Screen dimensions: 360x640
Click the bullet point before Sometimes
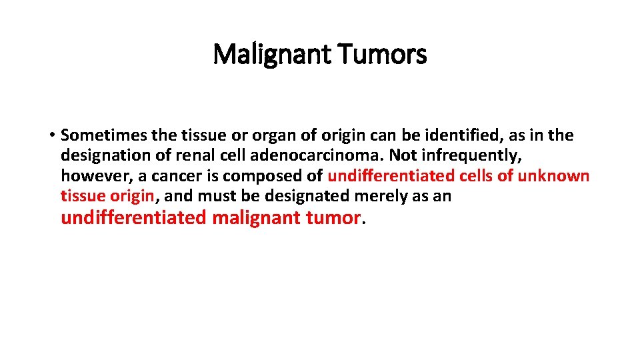coord(51,136)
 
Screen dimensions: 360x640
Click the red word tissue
coord(81,195)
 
